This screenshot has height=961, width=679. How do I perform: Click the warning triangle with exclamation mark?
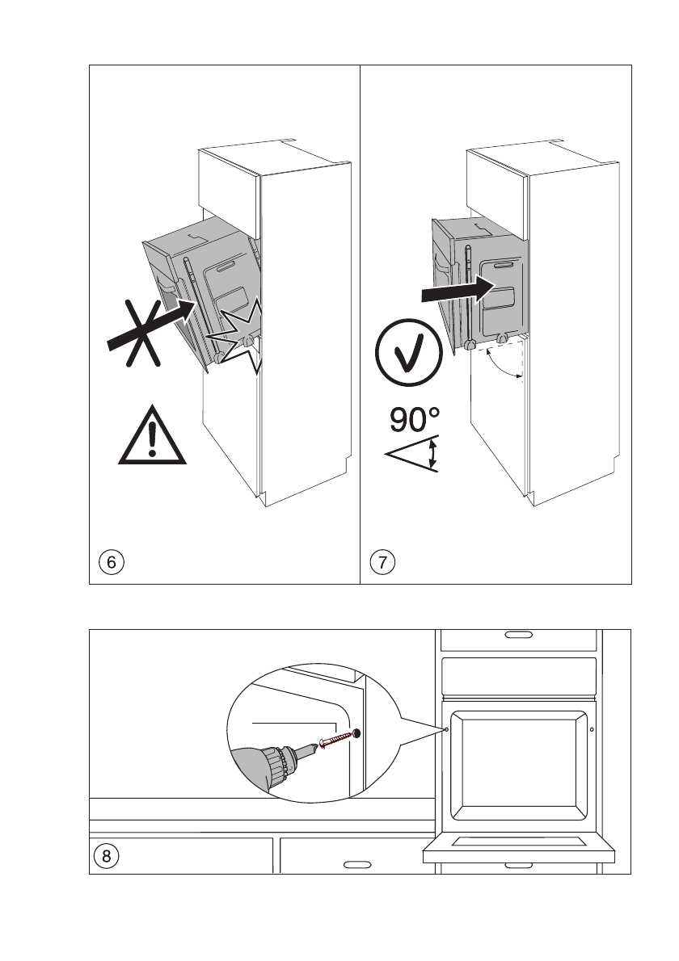pos(152,438)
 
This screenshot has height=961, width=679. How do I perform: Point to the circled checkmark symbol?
pos(409,355)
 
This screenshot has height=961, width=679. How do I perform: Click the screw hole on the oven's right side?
pos(593,729)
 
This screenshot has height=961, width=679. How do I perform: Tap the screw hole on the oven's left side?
pos(445,728)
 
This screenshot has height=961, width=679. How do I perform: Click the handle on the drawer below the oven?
pos(518,866)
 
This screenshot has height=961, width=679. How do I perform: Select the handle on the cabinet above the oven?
pos(518,635)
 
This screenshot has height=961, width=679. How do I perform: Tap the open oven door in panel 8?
pos(519,845)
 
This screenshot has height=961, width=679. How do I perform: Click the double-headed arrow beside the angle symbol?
pos(434,454)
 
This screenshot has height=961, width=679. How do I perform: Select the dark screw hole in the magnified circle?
pos(356,733)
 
